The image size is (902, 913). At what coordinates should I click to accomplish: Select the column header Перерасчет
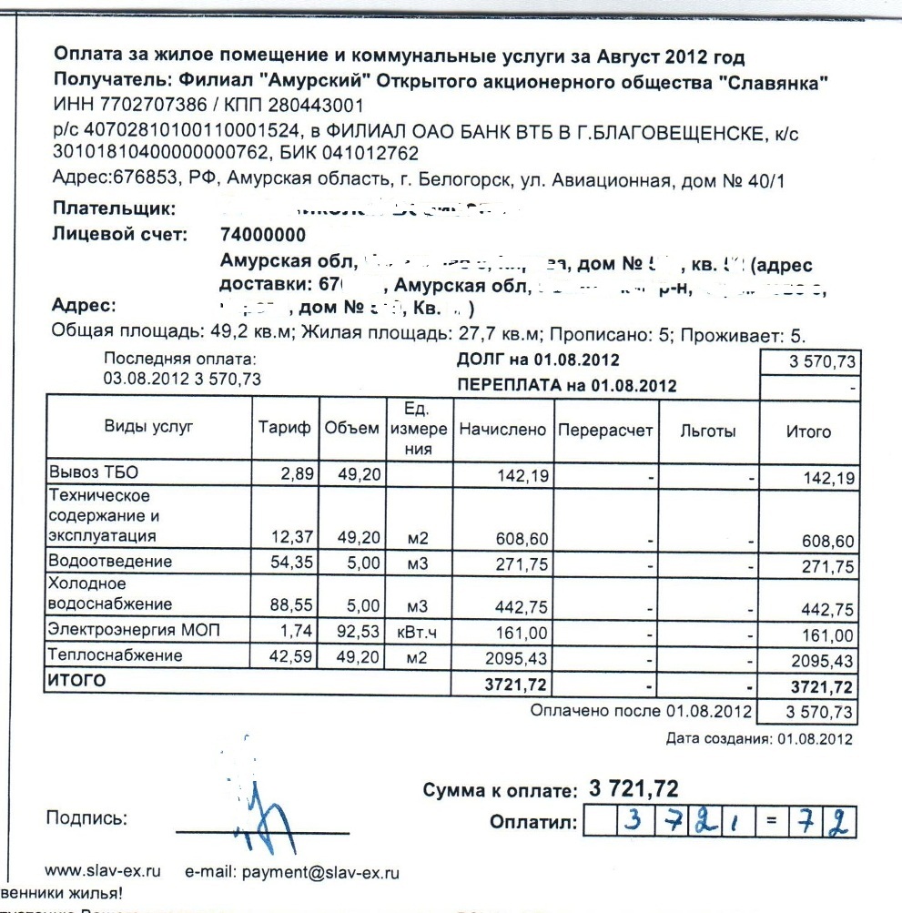[603, 430]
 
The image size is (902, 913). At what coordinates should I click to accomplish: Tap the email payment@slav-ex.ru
[292, 873]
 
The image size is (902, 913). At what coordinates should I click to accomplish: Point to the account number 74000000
[263, 235]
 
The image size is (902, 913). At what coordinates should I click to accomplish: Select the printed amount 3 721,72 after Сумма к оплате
[633, 788]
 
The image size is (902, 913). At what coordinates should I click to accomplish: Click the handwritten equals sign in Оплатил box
[770, 824]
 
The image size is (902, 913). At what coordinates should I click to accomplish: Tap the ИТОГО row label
[76, 680]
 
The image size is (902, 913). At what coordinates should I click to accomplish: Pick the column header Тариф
[284, 430]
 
